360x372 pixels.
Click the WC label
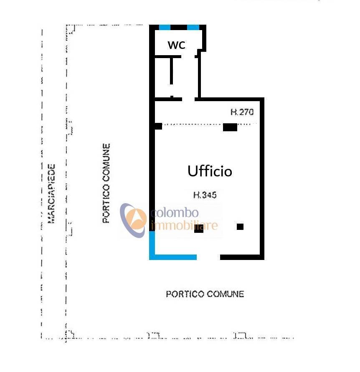click(176, 45)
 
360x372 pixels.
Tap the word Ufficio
click(210, 171)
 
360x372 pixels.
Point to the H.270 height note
click(242, 112)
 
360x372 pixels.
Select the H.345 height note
click(205, 195)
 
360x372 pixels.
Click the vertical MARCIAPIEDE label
click(52, 193)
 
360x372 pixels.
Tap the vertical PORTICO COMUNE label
click(106, 183)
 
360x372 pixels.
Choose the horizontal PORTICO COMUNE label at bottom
click(205, 294)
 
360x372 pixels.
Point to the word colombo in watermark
click(172, 214)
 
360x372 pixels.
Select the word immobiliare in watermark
click(184, 226)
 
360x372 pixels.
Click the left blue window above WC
click(165, 28)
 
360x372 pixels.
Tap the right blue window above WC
click(193, 28)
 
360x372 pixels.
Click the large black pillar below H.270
click(230, 127)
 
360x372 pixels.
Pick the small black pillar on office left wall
click(157, 126)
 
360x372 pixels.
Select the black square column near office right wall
click(240, 227)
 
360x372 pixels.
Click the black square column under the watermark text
click(199, 229)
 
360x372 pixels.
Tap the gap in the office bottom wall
click(208, 257)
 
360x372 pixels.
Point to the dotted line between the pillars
click(192, 124)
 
